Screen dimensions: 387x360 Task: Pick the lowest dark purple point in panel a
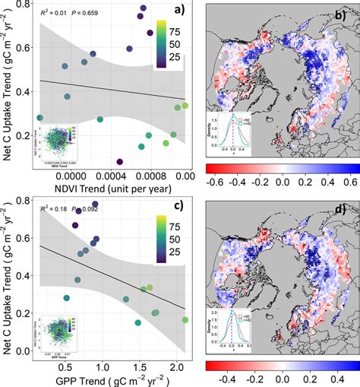coord(120,161)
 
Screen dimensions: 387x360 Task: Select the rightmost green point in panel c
coord(185,321)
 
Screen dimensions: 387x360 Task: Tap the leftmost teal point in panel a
coord(40,117)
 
